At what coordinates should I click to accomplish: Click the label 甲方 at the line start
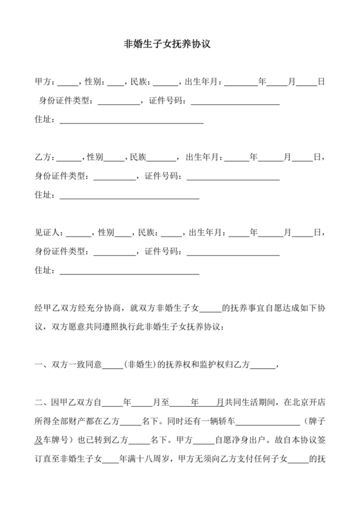pos(43,82)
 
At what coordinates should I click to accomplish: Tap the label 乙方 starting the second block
pos(43,157)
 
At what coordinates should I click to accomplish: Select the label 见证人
pos(47,232)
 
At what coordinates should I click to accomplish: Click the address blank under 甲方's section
pos(131,120)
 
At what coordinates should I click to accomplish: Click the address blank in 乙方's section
pos(129,195)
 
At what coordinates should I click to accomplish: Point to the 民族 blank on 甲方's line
pos(166,82)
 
